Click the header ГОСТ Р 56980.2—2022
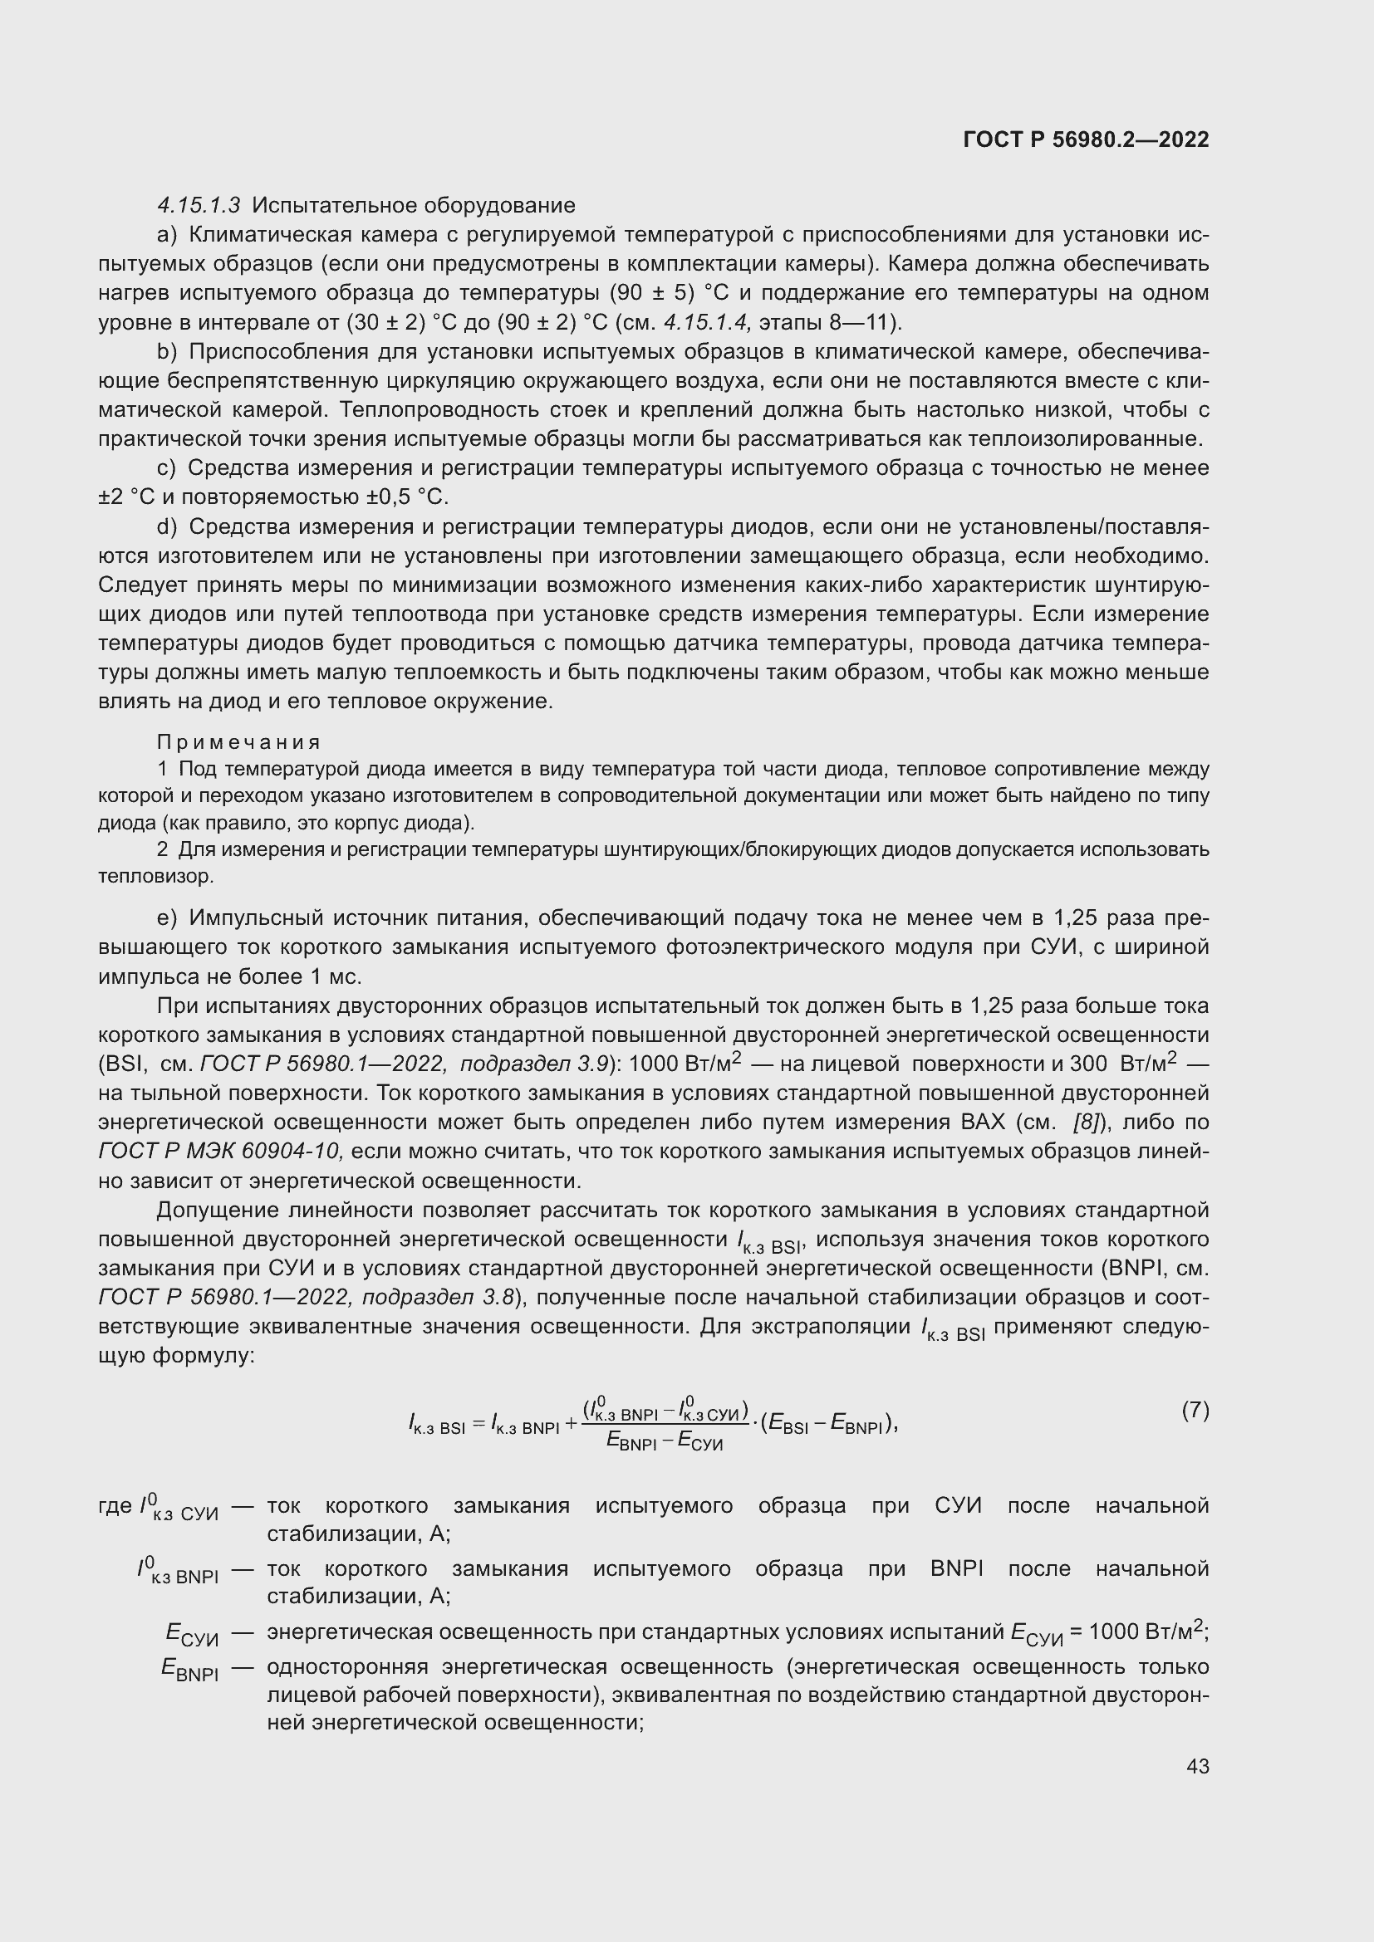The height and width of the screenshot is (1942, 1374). [x=1086, y=139]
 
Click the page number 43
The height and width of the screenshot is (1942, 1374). [x=1197, y=1766]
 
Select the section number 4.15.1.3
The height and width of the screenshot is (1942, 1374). [x=199, y=206]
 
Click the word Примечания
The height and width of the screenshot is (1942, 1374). [x=238, y=741]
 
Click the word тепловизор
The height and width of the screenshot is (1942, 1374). [x=155, y=876]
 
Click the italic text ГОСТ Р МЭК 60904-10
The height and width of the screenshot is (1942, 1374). [x=221, y=1151]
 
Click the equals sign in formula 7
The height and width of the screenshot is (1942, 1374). [x=478, y=1425]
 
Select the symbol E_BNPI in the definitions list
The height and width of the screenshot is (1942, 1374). [x=190, y=1669]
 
